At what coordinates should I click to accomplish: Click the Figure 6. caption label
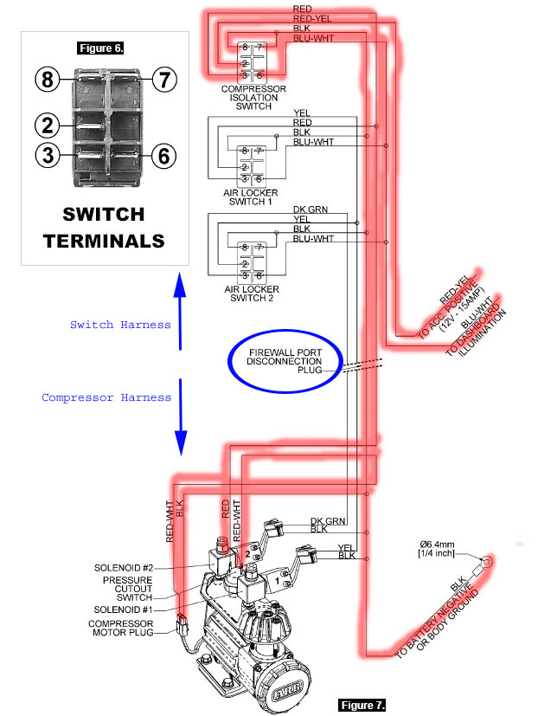click(100, 48)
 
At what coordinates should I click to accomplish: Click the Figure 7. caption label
click(362, 705)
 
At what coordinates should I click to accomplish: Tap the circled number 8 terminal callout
click(48, 80)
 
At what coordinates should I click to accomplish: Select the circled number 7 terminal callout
click(163, 80)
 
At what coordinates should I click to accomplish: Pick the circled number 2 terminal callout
click(48, 126)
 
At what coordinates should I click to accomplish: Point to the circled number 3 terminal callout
click(48, 155)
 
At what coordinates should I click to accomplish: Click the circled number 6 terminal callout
click(163, 155)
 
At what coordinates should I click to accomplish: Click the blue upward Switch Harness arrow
click(180, 312)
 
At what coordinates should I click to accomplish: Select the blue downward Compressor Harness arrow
click(181, 417)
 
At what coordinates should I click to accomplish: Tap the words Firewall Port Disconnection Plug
click(285, 361)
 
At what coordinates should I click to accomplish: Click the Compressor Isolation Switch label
click(253, 98)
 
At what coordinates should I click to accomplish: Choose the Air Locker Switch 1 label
click(251, 197)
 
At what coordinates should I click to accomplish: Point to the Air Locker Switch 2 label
click(252, 293)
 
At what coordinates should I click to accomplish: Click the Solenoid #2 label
click(123, 568)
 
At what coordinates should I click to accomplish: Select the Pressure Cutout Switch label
click(127, 589)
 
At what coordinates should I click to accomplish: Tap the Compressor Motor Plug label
click(121, 628)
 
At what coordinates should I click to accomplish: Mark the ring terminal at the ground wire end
click(487, 561)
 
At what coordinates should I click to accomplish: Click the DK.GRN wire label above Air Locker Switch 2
click(311, 210)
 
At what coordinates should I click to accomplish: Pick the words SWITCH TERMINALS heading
click(104, 228)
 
